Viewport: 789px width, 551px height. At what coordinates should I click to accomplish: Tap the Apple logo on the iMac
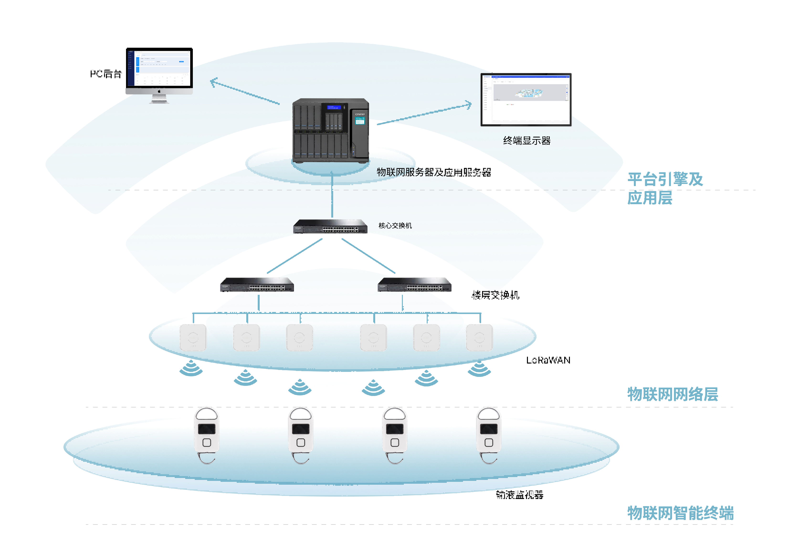pyautogui.click(x=159, y=91)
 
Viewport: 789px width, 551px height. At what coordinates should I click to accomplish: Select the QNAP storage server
pyautogui.click(x=330, y=130)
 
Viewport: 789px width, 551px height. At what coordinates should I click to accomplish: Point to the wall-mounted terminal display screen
pyautogui.click(x=526, y=100)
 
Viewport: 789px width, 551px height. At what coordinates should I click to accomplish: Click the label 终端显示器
pyautogui.click(x=526, y=141)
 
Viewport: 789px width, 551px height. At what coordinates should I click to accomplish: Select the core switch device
pyautogui.click(x=330, y=227)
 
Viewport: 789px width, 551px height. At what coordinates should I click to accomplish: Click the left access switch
pyautogui.click(x=257, y=285)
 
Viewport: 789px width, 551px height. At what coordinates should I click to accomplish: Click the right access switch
pyautogui.click(x=415, y=285)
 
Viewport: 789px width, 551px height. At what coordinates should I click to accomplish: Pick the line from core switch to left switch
pyautogui.click(x=295, y=256)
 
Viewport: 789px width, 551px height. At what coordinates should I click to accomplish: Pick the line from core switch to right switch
pyautogui.click(x=368, y=256)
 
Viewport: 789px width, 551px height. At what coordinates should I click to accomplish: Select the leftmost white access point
pyautogui.click(x=193, y=338)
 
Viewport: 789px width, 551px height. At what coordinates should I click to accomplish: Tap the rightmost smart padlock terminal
pyautogui.click(x=489, y=435)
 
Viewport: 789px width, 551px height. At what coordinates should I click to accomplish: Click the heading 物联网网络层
pyautogui.click(x=673, y=394)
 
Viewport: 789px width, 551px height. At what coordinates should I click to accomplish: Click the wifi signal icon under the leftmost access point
pyautogui.click(x=191, y=368)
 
